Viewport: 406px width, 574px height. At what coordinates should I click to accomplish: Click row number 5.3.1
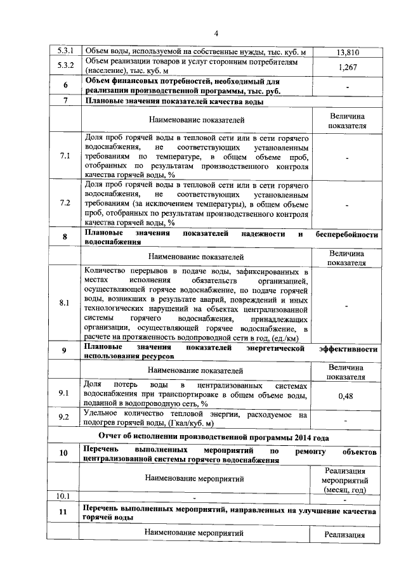pos(62,50)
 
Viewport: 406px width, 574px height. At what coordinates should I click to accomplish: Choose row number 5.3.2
pos(62,65)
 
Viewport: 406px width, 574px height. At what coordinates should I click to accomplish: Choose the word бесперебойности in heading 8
pos(347,234)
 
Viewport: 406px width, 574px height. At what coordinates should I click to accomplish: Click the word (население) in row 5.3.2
pos(107,73)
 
